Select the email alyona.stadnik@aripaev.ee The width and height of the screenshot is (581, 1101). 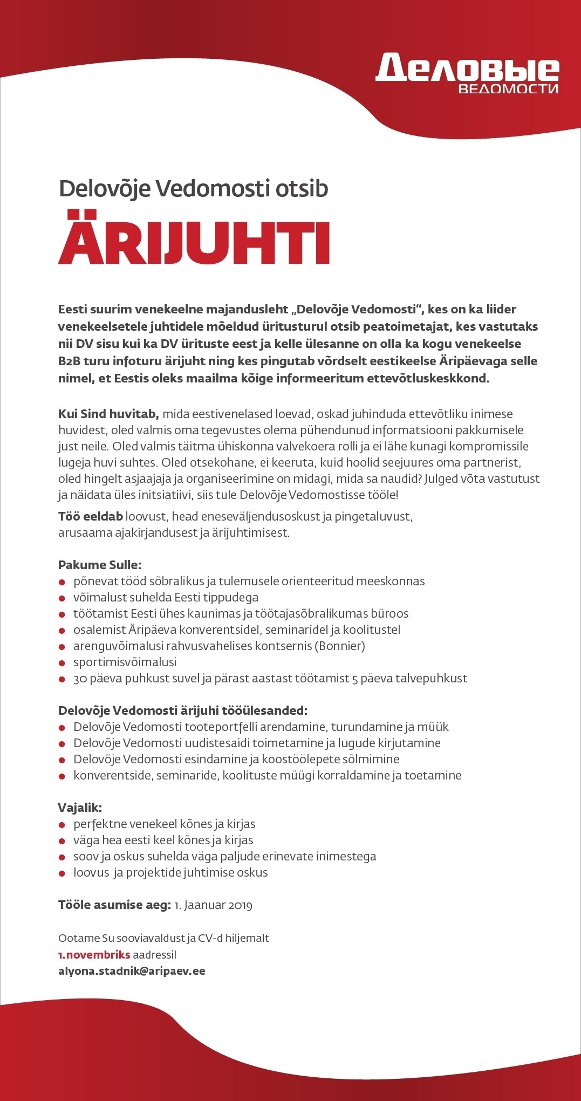pos(132,971)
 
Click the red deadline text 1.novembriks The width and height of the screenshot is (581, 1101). pos(94,954)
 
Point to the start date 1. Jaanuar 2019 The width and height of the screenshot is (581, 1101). pos(214,905)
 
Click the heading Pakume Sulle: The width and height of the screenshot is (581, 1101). pos(99,565)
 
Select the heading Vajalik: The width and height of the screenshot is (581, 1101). pos(80,808)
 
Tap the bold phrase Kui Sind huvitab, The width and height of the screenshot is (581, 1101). pos(108,414)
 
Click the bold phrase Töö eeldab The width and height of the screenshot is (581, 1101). pos(90,516)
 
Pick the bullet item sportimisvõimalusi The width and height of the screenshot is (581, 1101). pos(125,662)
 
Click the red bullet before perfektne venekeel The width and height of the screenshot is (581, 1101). pos(62,825)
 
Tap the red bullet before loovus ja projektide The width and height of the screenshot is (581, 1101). pos(62,873)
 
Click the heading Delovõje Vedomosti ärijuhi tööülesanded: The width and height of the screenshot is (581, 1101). pos(182,710)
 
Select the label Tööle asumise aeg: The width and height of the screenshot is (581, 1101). pos(114,905)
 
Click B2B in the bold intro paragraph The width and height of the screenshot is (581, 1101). pos(70,361)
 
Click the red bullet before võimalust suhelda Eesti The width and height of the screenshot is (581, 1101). pos(62,598)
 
